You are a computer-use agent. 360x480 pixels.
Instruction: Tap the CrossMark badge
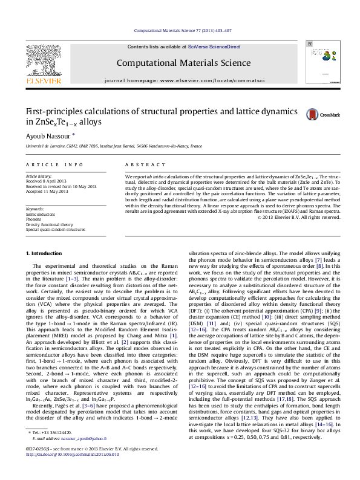[x=322, y=114]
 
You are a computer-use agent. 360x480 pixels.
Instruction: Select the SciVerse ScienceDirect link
[x=214, y=47]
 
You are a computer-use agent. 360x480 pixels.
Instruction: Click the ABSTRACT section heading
[x=140, y=164]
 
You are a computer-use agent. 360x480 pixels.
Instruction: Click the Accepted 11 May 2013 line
[x=47, y=190]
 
